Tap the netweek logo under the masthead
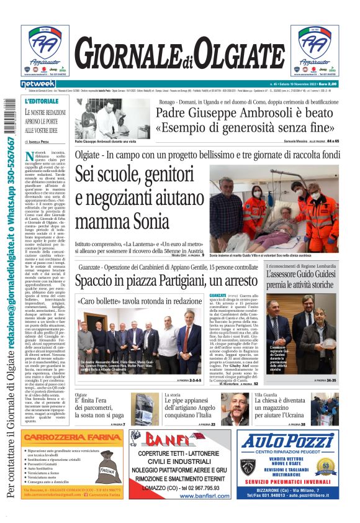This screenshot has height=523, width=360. pos(38,83)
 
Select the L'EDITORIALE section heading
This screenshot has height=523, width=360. pos(41,101)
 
